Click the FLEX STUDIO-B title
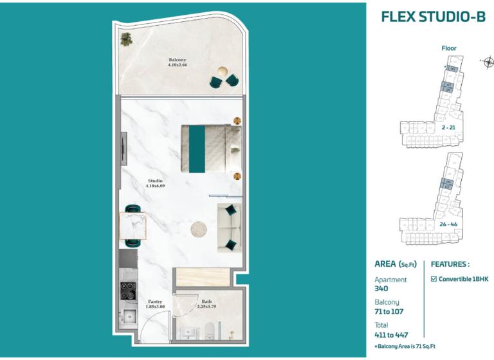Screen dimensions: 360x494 tap(433, 17)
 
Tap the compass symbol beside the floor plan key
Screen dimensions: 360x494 tap(488, 62)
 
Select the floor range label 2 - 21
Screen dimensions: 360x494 tap(449, 127)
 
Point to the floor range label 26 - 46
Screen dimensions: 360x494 tap(448, 224)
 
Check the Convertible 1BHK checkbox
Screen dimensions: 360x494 tap(434, 279)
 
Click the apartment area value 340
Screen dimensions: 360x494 tap(381, 289)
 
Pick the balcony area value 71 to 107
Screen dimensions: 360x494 tap(390, 312)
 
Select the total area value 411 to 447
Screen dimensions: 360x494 tap(391, 334)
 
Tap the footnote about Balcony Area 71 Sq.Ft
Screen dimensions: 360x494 tap(405, 346)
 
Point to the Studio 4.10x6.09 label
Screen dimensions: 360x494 tap(154, 183)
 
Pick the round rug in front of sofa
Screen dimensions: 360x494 tap(200, 229)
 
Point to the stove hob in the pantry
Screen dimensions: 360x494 tap(127, 291)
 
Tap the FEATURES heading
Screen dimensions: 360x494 tap(450, 264)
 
